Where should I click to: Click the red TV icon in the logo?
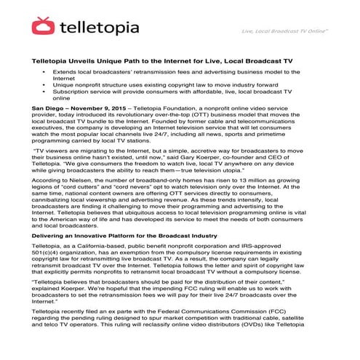pos(43,27)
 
